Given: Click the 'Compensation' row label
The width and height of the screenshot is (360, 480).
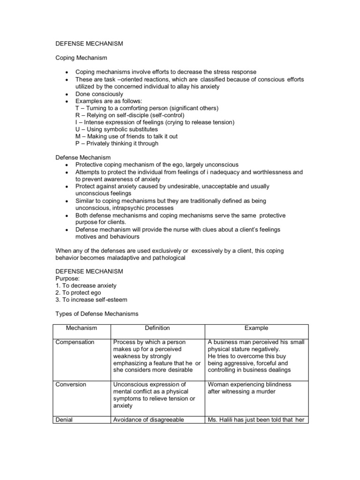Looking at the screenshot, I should (75, 342).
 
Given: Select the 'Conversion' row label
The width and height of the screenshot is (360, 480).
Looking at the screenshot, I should (71, 384).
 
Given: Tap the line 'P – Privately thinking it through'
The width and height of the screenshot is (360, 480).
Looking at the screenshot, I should (117, 143).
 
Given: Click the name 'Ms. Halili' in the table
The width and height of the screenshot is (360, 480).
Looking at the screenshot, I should (222, 420).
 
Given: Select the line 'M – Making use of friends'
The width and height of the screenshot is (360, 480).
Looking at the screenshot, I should (126, 136).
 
